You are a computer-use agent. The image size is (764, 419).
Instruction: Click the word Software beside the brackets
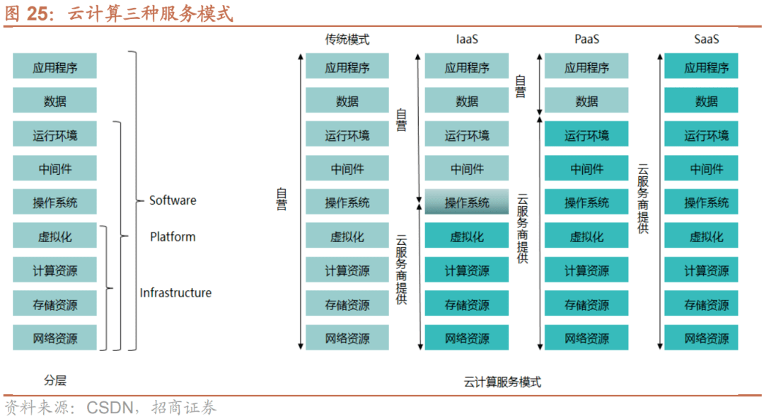173,201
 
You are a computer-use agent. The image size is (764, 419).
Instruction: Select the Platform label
173,237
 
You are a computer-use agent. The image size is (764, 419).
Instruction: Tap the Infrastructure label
175,293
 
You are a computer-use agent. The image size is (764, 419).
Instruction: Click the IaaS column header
466,40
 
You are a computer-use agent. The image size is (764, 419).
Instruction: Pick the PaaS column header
586,40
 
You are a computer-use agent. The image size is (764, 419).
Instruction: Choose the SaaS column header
706,40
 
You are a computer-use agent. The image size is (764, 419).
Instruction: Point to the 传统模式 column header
347,40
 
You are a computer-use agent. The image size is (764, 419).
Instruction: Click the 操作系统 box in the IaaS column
467,202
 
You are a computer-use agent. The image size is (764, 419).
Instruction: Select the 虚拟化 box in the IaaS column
467,236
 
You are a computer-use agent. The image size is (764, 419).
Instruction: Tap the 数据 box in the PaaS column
586,101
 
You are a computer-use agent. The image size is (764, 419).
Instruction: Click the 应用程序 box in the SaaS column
706,68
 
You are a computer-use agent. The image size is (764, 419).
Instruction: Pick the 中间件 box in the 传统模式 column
347,169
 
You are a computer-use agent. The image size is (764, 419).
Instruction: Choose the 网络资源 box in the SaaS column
706,338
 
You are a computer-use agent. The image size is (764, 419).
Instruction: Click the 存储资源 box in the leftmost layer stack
54,305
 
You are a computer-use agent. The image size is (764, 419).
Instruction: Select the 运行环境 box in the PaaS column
586,135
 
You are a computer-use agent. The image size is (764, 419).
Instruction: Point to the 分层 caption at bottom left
54,380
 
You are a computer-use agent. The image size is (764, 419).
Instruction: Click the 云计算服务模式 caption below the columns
502,382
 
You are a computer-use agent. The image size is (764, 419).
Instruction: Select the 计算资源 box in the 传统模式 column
347,270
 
